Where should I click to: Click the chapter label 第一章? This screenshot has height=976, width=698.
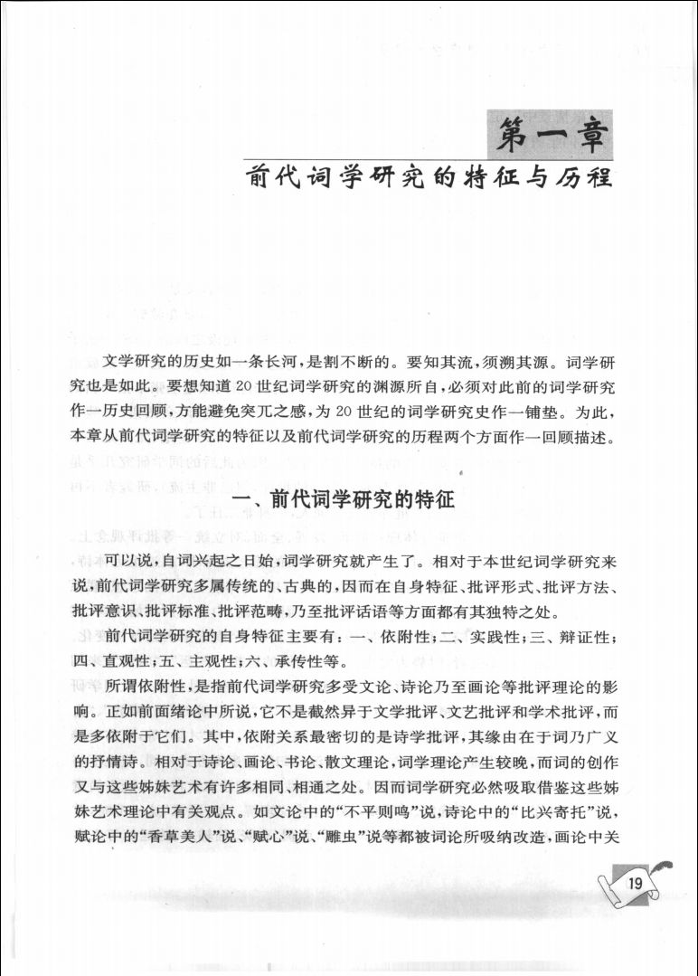coord(548,134)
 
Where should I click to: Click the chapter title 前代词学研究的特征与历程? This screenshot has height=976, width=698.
coord(432,175)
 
